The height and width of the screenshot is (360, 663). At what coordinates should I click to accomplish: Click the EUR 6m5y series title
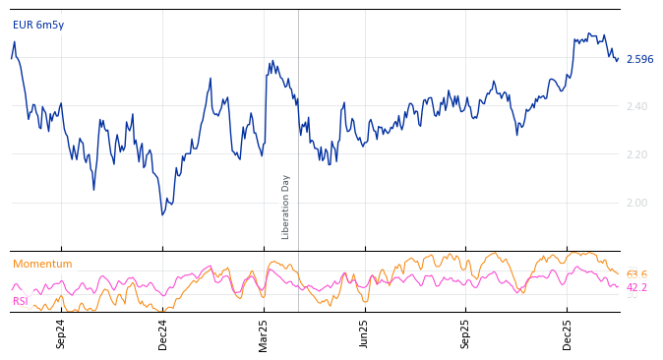(x=38, y=25)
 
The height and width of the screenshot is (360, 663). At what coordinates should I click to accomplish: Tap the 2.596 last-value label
(x=639, y=60)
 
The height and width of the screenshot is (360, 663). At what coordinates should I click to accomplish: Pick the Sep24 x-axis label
(x=61, y=333)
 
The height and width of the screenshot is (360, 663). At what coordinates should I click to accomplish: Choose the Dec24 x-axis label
(x=163, y=333)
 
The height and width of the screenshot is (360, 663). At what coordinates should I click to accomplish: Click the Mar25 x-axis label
(x=264, y=333)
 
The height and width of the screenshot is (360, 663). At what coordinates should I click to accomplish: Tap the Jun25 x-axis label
(x=365, y=333)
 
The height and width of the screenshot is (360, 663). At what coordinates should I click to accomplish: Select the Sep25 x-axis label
(x=466, y=333)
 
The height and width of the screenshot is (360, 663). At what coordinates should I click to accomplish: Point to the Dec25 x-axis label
(x=568, y=333)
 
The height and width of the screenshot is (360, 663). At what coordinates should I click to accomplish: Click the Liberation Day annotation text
(x=286, y=207)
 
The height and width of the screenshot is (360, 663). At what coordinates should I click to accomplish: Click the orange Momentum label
(x=42, y=265)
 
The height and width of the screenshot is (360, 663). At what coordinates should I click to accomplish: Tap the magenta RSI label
(x=20, y=302)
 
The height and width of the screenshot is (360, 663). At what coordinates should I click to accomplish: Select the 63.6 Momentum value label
(x=636, y=275)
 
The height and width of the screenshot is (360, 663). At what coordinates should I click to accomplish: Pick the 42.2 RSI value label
(x=636, y=288)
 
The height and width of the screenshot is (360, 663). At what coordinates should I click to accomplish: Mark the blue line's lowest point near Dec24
(x=163, y=214)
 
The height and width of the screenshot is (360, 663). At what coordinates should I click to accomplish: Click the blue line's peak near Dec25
(x=588, y=32)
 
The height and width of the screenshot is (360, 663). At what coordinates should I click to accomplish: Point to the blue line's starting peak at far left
(x=14, y=41)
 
